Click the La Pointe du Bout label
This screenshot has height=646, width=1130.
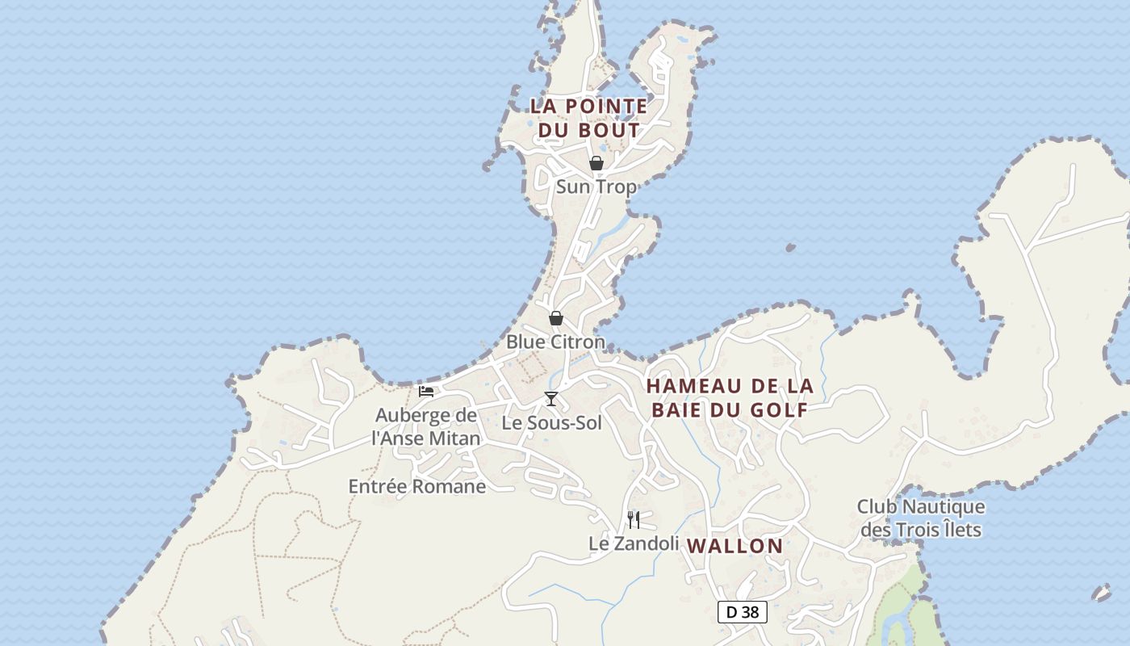point(588,118)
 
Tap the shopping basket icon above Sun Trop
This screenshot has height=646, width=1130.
point(596,164)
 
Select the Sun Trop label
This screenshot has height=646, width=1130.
point(596,187)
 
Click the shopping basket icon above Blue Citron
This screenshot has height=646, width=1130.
point(555,318)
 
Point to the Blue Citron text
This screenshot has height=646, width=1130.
point(555,342)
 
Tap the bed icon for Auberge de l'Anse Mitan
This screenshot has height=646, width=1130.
point(426,392)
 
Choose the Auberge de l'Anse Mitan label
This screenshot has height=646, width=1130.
point(425,427)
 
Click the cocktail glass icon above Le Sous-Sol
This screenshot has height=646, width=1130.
point(551,399)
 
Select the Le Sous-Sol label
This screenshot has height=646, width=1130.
point(552,422)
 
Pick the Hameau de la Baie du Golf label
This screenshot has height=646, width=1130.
point(730,397)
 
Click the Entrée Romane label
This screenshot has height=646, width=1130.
point(417,486)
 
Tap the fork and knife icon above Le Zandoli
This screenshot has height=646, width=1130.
point(634,519)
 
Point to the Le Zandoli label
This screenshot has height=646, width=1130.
point(634,543)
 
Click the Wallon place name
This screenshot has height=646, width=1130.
point(734,546)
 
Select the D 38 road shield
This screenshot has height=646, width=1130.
point(743,612)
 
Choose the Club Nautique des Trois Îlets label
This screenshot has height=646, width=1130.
point(921,518)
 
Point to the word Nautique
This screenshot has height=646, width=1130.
point(943,507)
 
